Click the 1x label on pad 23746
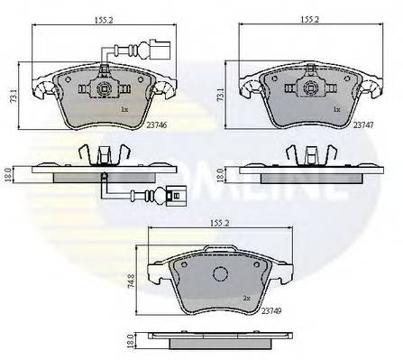[125, 109]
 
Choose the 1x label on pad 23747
[335, 109]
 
